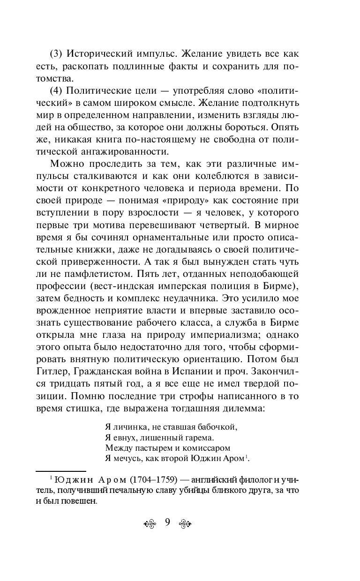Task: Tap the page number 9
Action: pos(167,523)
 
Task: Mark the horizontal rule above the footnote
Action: pos(60,470)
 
